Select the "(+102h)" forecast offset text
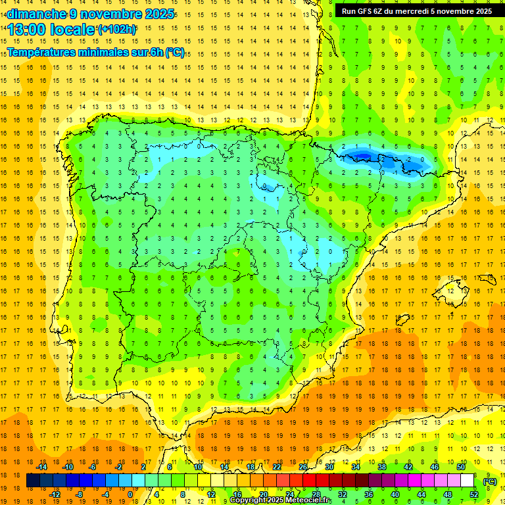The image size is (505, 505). (x=116, y=30)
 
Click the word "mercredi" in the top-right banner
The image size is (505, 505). (x=415, y=11)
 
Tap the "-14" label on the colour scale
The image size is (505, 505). (x=42, y=467)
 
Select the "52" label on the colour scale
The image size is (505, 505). (x=473, y=494)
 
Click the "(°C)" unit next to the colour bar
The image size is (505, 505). (x=490, y=481)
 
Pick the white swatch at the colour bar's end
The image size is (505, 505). (x=467, y=481)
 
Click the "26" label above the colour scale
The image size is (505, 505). (x=303, y=467)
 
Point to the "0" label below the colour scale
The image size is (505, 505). (x=130, y=494)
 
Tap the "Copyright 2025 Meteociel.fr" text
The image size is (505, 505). (x=280, y=500)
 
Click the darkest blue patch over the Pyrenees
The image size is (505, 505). (x=362, y=156)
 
